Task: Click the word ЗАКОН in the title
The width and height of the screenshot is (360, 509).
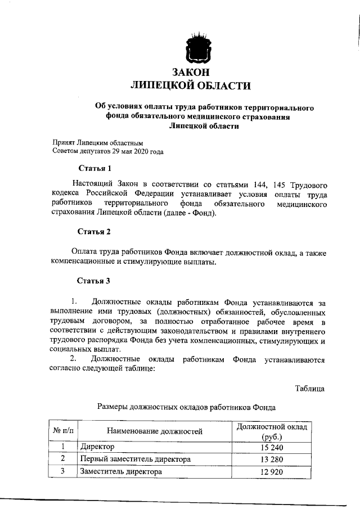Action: click(190, 73)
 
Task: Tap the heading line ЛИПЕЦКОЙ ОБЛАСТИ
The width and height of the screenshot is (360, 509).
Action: click(190, 85)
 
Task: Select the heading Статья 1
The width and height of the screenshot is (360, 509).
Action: click(91, 168)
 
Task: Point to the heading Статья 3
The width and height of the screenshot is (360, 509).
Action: click(91, 281)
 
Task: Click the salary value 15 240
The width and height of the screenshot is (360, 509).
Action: click(272, 447)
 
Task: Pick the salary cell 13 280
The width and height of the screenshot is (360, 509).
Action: click(272, 460)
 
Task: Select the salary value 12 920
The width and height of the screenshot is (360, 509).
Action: click(272, 472)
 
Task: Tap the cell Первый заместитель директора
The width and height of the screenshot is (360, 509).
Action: click(136, 460)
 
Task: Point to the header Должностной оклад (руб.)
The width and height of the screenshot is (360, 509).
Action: click(272, 431)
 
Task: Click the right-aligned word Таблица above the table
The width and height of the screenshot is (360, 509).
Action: click(309, 388)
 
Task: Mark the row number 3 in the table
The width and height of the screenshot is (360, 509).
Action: click(63, 471)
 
